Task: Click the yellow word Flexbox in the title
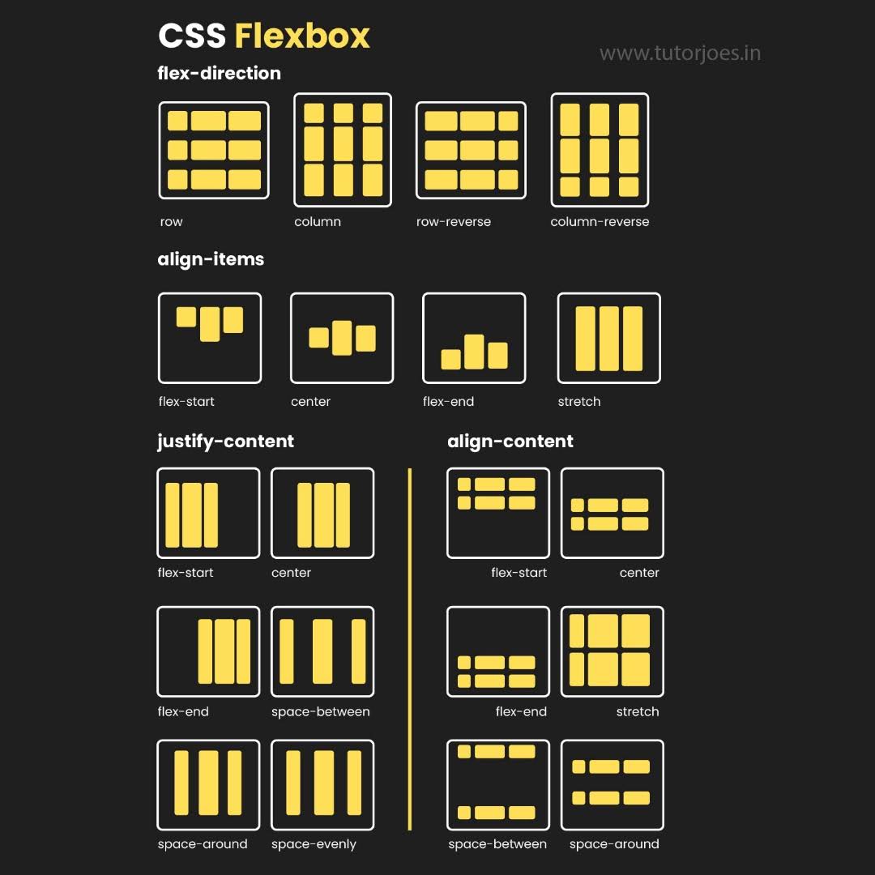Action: [302, 36]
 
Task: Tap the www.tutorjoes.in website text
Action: [680, 53]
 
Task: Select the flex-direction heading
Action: [219, 73]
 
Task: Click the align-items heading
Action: [211, 259]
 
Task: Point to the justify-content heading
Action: [225, 441]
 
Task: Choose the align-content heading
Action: [510, 441]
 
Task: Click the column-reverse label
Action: [600, 221]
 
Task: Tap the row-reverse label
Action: [454, 221]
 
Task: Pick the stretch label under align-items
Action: [579, 401]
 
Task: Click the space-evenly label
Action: [314, 843]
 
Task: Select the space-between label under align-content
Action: [497, 843]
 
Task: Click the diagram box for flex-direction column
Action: [342, 150]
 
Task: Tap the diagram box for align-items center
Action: [342, 338]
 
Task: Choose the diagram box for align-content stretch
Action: [612, 651]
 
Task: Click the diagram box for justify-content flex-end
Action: [208, 651]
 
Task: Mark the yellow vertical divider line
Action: [410, 648]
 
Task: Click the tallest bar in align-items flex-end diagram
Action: [474, 352]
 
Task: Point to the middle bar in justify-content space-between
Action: [322, 651]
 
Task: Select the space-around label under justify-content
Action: [203, 843]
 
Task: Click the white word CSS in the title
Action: [192, 36]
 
